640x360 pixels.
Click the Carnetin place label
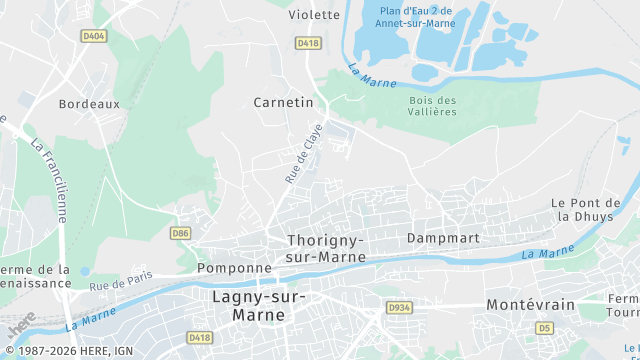[x=283, y=102]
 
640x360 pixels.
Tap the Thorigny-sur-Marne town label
[x=326, y=248]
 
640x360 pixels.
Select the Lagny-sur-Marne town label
[x=260, y=305]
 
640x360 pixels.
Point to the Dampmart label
[x=443, y=238]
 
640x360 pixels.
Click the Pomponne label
[x=235, y=268]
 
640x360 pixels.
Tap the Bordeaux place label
[x=89, y=103]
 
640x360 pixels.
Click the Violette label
[x=314, y=14]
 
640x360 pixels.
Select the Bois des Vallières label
[x=433, y=105]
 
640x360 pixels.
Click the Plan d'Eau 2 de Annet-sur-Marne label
[x=416, y=17]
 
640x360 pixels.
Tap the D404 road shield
[x=93, y=36]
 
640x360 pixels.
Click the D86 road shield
[x=180, y=233]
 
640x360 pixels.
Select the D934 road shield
[x=399, y=307]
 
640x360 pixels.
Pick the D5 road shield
[x=544, y=327]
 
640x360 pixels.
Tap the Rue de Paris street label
[x=121, y=280]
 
